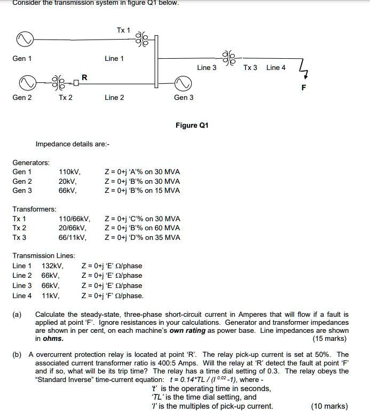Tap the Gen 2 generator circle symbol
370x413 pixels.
pos(25,82)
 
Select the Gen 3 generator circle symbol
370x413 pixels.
pos(183,82)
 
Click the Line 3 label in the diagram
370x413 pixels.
pos(207,68)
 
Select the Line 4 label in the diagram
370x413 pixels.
pos(276,68)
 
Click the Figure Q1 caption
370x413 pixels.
pos(192,126)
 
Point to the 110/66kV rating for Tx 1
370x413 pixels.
pos(74,219)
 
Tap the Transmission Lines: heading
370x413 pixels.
pos(44,256)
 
